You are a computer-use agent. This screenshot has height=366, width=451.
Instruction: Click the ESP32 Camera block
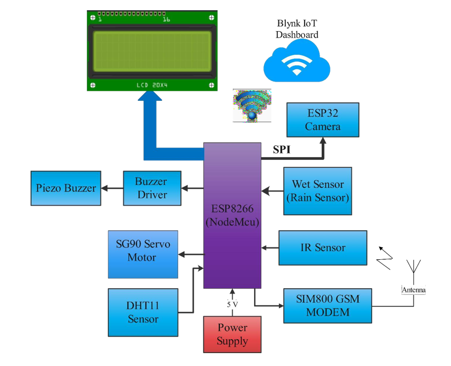coord(323,120)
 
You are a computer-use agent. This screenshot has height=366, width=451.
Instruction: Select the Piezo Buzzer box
coord(66,188)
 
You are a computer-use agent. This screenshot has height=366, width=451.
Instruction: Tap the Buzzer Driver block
coord(151,188)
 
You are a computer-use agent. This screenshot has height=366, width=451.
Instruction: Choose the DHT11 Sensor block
coord(143,312)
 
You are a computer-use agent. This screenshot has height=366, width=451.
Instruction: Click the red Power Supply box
coord(232,334)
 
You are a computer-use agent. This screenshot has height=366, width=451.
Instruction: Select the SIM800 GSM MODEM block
coord(327,305)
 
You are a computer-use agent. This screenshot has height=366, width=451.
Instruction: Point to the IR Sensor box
coord(322,247)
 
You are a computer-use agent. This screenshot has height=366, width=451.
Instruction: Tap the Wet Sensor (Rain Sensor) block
coord(318,191)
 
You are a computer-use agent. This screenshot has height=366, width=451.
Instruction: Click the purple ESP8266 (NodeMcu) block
coord(232,215)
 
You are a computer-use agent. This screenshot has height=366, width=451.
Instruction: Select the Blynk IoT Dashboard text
coord(297,29)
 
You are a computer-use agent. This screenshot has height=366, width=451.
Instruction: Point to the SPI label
coord(282,150)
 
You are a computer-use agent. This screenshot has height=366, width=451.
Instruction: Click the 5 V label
coord(232,304)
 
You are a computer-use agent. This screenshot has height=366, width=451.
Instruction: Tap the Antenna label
coord(413,290)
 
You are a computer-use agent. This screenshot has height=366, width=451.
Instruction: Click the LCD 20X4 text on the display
coord(152,85)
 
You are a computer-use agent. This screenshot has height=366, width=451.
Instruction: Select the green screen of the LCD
coord(152,51)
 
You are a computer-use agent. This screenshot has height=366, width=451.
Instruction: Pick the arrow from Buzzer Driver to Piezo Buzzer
coord(112,188)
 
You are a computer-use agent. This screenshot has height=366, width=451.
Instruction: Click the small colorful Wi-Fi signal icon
coord(252,106)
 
